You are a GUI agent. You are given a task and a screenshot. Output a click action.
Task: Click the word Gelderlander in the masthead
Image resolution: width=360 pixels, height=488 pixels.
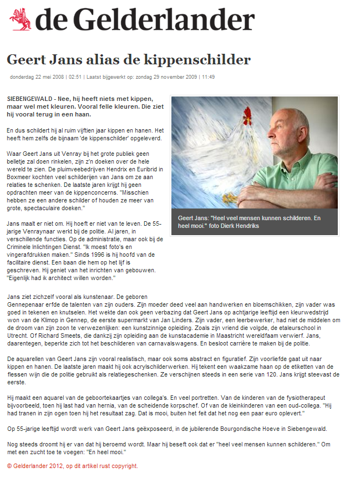click(x=163, y=20)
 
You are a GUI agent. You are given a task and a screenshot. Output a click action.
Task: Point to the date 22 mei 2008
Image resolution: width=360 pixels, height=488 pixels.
click(x=45, y=77)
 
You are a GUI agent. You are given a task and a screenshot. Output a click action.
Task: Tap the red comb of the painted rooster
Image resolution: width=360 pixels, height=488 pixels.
click(x=247, y=115)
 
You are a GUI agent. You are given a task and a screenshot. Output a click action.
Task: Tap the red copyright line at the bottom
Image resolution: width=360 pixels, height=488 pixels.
click(x=72, y=466)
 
